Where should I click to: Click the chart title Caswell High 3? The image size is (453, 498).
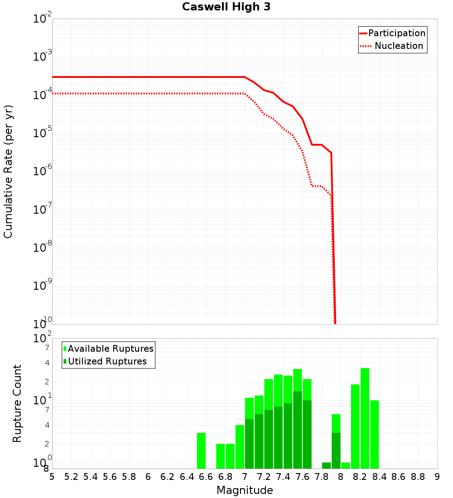[226, 7]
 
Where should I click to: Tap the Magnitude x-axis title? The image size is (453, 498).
[245, 490]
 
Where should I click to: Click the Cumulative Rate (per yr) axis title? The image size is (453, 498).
[8, 171]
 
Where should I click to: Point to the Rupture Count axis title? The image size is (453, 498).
[17, 403]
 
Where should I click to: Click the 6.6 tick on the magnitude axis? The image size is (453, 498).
[206, 477]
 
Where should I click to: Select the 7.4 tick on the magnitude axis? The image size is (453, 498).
[283, 477]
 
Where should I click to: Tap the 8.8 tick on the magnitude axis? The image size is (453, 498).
[418, 477]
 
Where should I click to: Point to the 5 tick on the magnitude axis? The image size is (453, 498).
[52, 477]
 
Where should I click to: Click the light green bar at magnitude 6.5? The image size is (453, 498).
[202, 450]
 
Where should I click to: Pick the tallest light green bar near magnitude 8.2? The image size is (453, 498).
[365, 418]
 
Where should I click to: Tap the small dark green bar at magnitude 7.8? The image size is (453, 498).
[326, 465]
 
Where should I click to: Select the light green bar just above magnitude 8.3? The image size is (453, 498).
[375, 434]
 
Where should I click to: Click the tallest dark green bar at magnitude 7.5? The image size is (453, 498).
[298, 430]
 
